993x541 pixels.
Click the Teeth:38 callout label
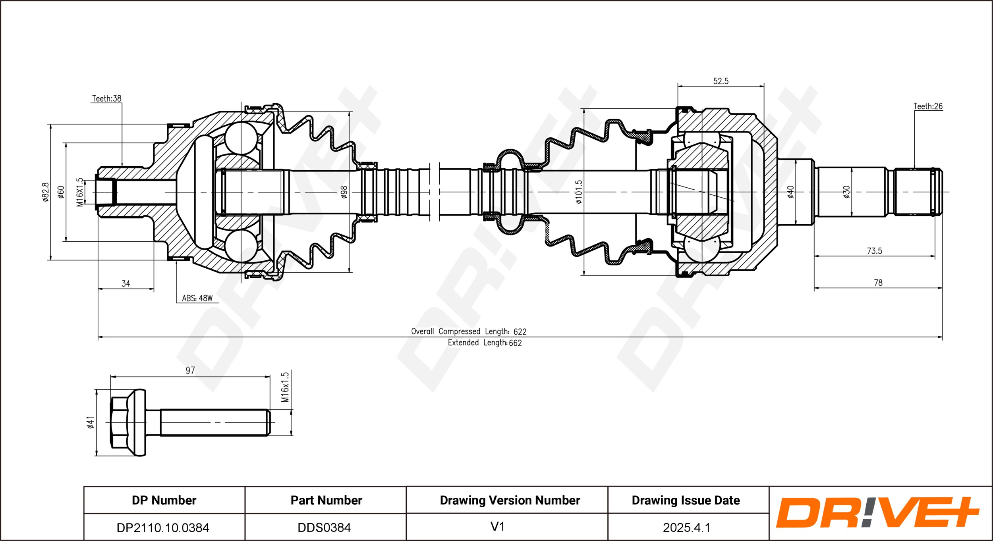click(x=106, y=98)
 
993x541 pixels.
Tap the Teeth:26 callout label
click(x=928, y=106)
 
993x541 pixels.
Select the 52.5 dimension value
click(x=721, y=81)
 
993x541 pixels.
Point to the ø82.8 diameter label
click(x=46, y=192)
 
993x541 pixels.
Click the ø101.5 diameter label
click(x=579, y=192)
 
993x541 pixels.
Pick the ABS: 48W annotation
click(x=197, y=298)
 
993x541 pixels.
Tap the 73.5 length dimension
click(x=874, y=251)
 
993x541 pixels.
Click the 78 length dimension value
click(x=878, y=283)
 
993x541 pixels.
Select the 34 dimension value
click(x=126, y=283)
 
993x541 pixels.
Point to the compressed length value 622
click(x=520, y=332)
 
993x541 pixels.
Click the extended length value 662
click(x=515, y=343)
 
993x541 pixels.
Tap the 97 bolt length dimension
click(x=190, y=370)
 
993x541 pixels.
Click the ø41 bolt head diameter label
click(x=91, y=422)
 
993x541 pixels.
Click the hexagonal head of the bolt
click(x=119, y=422)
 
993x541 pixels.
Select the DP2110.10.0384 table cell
click(x=163, y=528)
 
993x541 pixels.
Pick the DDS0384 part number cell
click(x=324, y=528)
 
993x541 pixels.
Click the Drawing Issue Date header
click(x=686, y=500)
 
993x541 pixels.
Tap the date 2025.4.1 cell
click(x=686, y=528)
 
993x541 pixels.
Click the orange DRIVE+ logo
click(x=878, y=512)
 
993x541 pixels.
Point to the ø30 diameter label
click(x=846, y=192)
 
